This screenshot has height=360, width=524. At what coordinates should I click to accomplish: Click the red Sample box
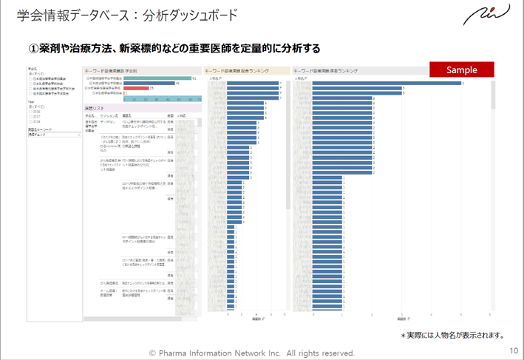click(462, 69)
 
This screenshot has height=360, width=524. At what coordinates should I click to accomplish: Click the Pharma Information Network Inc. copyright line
click(252, 353)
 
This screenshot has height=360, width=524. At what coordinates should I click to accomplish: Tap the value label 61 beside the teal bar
click(194, 78)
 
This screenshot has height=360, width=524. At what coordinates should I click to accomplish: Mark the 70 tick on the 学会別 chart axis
click(201, 99)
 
